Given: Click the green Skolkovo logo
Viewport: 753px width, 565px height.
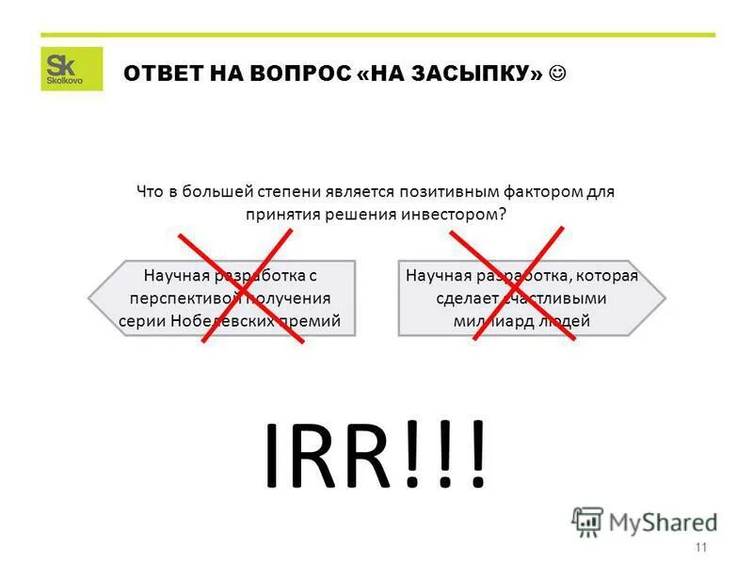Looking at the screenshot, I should click(72, 69).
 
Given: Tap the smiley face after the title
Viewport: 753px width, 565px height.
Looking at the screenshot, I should click(559, 73).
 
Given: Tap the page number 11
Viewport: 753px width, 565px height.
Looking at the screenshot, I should click(700, 548).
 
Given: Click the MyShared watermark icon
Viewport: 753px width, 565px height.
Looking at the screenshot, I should click(587, 521).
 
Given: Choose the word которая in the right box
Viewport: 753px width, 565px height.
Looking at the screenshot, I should click(608, 276).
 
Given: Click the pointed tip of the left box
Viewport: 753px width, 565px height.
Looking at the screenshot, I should click(89, 299).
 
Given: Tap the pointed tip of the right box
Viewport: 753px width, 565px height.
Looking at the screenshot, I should click(665, 299).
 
